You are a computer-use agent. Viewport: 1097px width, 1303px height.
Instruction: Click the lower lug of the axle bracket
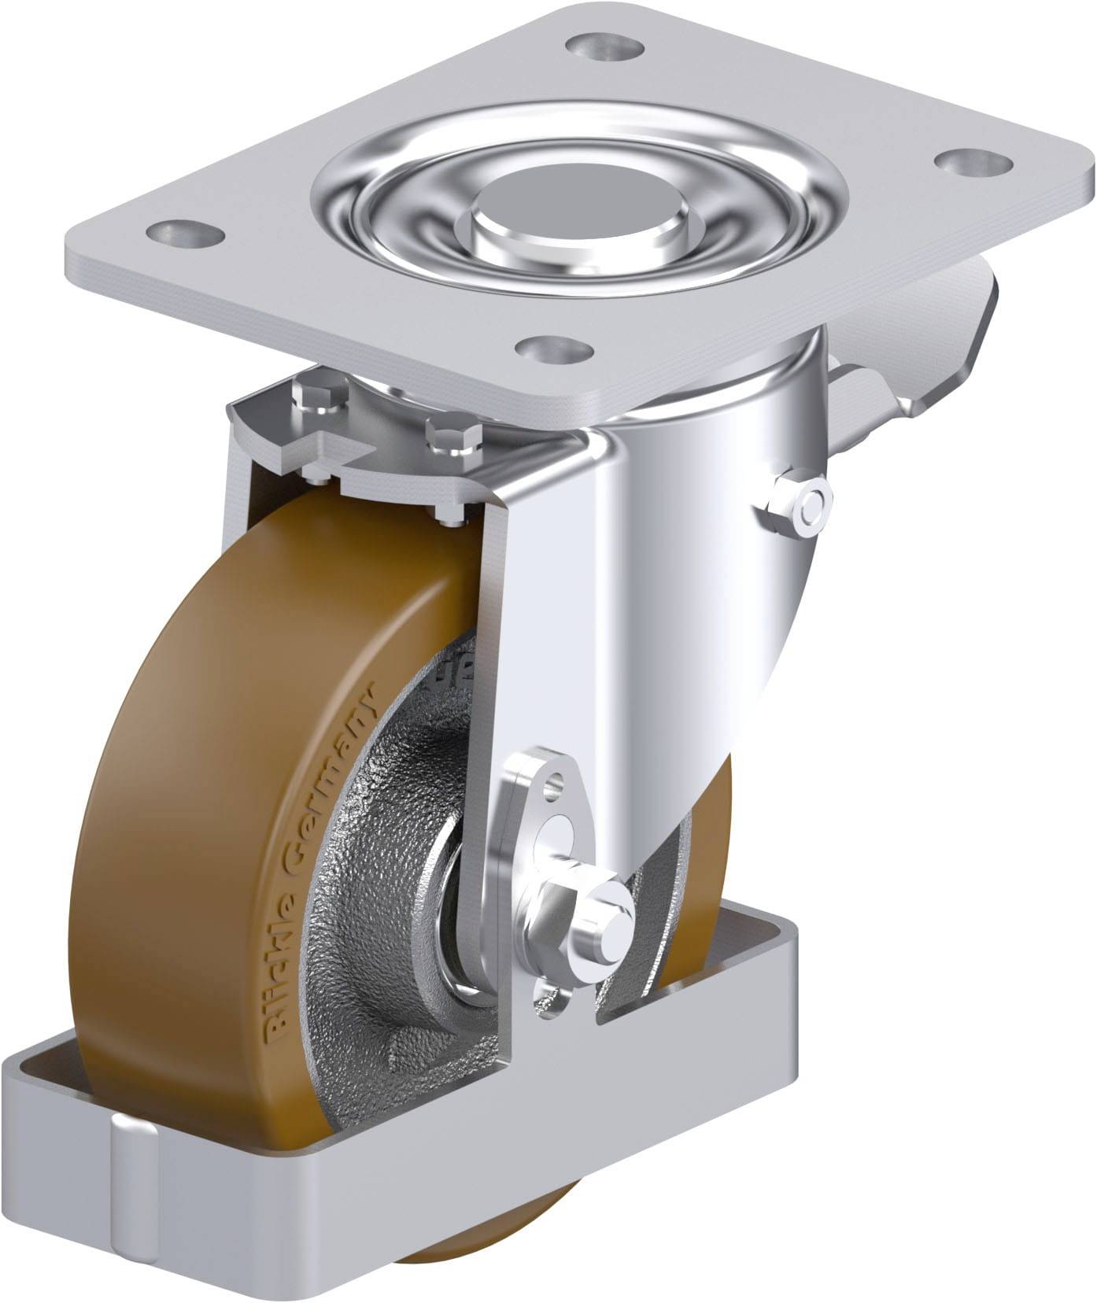click(551, 994)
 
